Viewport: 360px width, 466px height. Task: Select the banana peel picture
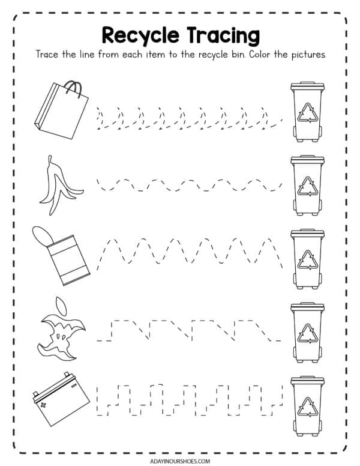pos(57,186)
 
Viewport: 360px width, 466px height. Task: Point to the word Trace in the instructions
pos(49,54)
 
